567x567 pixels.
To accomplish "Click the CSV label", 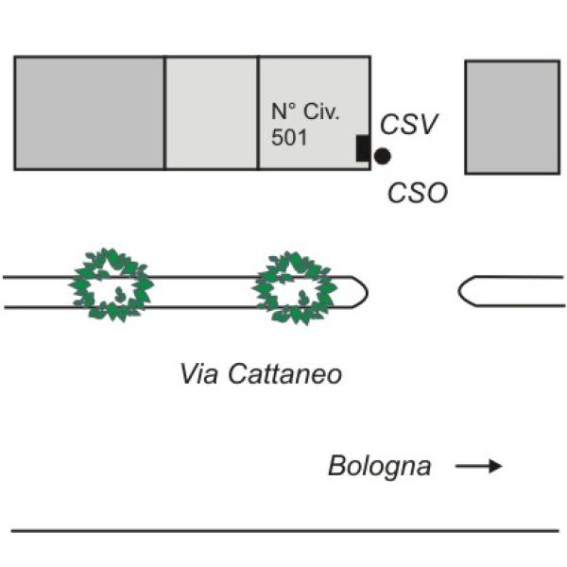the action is [x=408, y=124].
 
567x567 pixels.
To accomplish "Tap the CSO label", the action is [x=418, y=192].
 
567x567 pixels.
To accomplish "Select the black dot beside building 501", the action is [x=382, y=156].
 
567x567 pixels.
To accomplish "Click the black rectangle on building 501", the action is [x=363, y=148].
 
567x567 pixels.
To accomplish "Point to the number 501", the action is [x=289, y=137].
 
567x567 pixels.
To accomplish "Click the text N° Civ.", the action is [x=305, y=112].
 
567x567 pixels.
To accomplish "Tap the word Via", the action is [x=198, y=373].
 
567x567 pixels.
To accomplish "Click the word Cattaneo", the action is [x=285, y=373].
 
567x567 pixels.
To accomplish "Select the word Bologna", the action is [x=379, y=467].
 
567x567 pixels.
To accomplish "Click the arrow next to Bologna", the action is [x=479, y=466].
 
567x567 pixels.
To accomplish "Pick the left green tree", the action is [x=112, y=285].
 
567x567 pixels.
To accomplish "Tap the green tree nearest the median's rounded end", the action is [x=295, y=288].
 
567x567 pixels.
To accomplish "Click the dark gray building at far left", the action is [x=90, y=112].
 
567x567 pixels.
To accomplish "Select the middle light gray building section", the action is [x=212, y=112].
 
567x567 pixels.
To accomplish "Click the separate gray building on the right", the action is [x=512, y=117].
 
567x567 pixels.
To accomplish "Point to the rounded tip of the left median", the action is [x=368, y=292].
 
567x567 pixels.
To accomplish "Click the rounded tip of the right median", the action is [x=459, y=291].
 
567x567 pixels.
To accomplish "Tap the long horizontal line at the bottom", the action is [x=285, y=531].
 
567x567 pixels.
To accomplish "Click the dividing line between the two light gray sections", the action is [x=258, y=112].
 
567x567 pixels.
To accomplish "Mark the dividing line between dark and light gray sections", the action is [x=164, y=112].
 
